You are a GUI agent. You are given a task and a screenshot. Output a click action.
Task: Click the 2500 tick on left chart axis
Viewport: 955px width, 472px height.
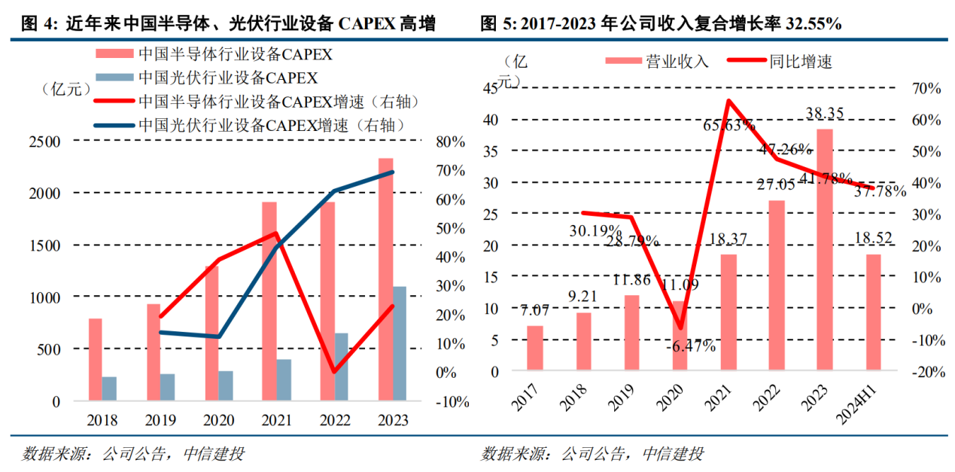click(45, 141)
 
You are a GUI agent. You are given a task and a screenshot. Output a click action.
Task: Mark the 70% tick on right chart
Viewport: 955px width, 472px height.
click(926, 88)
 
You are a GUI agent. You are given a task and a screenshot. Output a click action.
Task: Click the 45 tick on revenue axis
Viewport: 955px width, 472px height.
click(489, 88)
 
